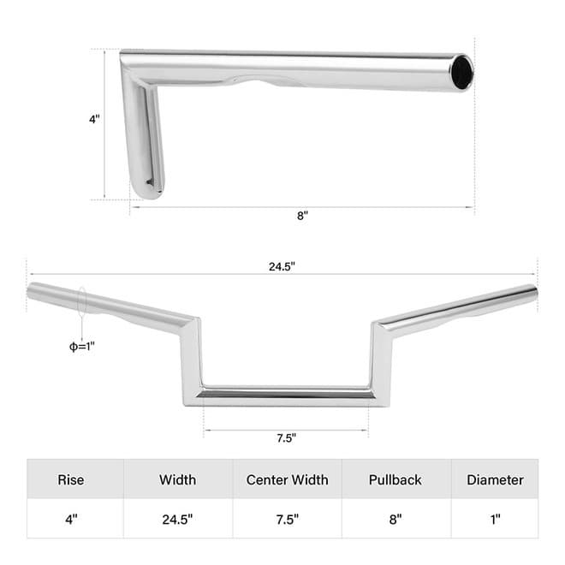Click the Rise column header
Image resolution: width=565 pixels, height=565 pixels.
point(71,479)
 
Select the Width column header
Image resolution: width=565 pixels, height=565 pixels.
point(178,479)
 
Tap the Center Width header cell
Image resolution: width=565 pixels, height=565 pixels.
point(287,479)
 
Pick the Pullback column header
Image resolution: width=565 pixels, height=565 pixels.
point(395,479)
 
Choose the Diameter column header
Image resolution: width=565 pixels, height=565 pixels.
point(495,479)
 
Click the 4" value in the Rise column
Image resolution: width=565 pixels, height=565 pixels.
point(71,520)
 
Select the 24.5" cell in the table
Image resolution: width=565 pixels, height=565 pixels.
point(177,520)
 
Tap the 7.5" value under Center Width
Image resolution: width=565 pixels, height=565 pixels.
point(287,520)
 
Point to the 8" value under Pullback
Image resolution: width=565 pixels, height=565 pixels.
point(395,520)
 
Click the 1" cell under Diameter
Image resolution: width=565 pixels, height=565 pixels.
point(495,520)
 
